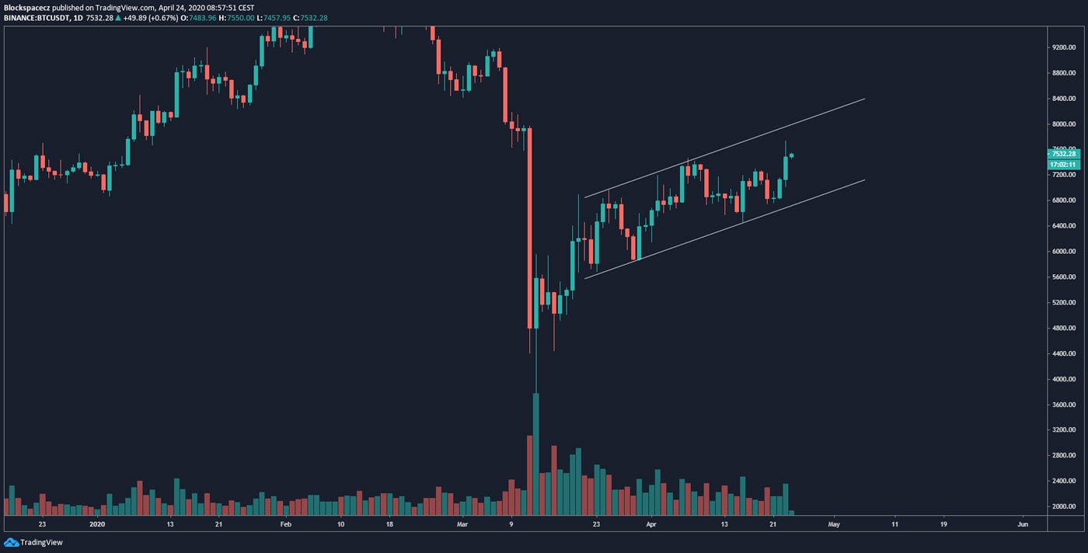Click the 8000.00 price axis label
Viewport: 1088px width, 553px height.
click(1062, 124)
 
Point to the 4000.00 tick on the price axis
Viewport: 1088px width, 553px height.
click(1062, 379)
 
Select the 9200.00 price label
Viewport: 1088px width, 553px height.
click(1062, 47)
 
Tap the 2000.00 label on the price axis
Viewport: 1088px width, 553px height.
click(1062, 506)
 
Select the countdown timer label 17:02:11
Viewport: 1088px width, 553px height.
click(1062, 165)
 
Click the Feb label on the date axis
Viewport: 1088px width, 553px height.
click(285, 524)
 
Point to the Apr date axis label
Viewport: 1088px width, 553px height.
click(651, 524)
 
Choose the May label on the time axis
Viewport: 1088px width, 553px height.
click(834, 524)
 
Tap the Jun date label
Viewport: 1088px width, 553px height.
click(1023, 524)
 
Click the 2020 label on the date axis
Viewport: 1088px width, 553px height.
click(96, 524)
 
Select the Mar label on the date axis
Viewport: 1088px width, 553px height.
click(463, 524)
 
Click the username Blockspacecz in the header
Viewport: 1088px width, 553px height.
click(27, 7)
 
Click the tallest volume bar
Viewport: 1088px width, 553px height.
click(535, 454)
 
